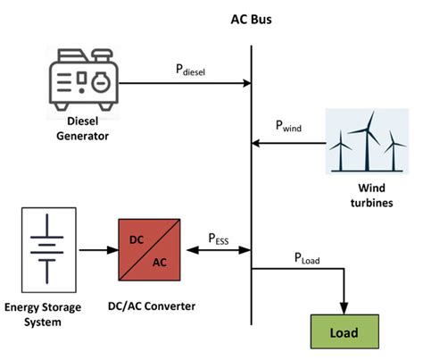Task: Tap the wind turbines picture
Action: point(365,140)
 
